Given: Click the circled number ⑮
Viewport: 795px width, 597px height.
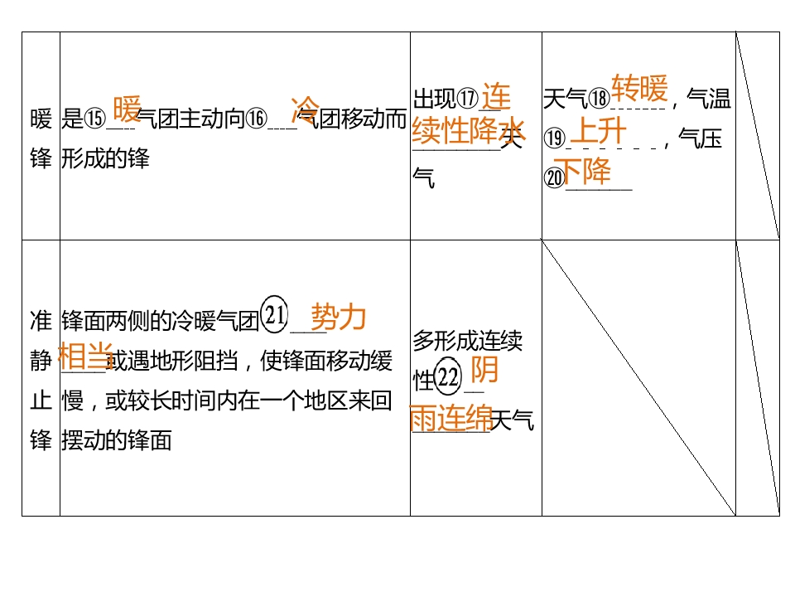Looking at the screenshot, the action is pos(94,119).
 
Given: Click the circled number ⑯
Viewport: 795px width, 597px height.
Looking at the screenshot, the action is pos(257,119).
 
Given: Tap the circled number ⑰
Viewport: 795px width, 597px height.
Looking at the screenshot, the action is pos(467,99).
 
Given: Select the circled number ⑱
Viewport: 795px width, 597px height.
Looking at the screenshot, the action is pos(599,99).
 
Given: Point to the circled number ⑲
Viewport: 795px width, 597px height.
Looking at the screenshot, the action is pos(554,138).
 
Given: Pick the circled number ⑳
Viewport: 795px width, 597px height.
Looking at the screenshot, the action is pos(554,177).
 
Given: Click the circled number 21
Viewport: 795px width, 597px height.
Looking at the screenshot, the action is pos(274,315).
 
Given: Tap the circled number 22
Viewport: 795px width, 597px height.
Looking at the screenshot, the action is pos(448,376).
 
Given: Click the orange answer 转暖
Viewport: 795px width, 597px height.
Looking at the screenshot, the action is pos(639,89).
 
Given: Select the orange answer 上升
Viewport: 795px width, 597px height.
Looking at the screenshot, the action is pos(599,131).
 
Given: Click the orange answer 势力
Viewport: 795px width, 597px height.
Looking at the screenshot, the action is pos(339,317).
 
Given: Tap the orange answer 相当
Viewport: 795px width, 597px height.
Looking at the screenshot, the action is pos(85,356).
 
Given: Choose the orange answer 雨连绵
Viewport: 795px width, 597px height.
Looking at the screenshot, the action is pos(450,418).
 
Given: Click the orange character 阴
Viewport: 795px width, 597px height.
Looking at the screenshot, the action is pos(484,370).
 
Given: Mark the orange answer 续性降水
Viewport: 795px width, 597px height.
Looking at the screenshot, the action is pos(469,130).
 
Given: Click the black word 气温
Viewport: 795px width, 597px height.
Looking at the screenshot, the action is pos(709,99).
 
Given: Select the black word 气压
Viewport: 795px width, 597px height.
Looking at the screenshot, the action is pos(701,138).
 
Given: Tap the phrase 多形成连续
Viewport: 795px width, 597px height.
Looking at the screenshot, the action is pos(467,341).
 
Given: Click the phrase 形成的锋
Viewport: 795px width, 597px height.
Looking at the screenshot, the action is pos(105,159).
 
